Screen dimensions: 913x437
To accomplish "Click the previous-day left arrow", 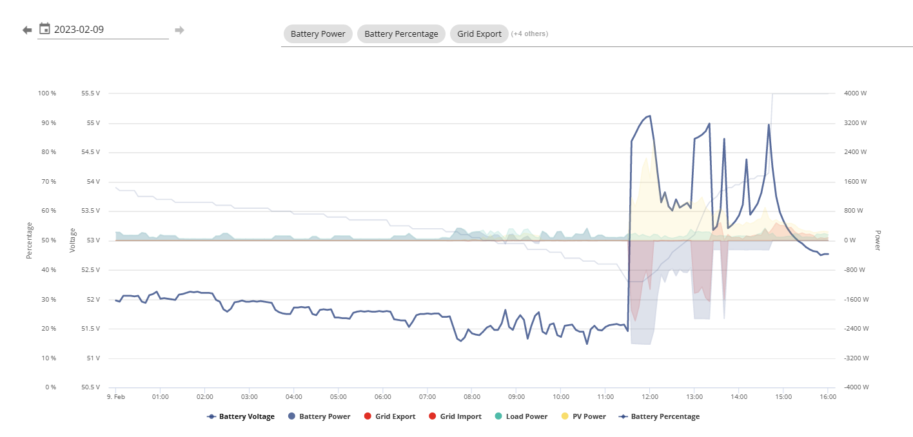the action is click(27, 30).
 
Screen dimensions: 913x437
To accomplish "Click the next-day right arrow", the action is click(179, 30).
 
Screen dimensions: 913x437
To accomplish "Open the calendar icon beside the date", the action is click(44, 29).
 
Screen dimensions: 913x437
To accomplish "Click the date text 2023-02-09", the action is click(79, 29).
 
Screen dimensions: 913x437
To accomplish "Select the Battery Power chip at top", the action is click(318, 34).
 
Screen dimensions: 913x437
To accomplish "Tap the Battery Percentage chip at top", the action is click(401, 34).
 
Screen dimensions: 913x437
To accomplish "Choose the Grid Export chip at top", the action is click(479, 34).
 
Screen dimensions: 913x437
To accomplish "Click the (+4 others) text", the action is click(529, 34).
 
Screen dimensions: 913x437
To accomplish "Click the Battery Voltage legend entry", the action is click(241, 416).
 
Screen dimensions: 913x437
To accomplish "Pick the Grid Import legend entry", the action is click(455, 416).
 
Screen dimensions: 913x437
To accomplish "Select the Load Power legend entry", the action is click(521, 416).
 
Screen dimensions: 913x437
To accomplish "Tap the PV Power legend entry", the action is click(584, 416).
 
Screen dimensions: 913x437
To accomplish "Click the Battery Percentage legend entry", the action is click(659, 416).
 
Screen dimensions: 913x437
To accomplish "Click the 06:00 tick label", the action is click(383, 396).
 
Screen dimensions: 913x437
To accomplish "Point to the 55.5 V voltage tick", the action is click(90, 93).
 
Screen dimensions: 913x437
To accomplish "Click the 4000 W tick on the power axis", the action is click(855, 93).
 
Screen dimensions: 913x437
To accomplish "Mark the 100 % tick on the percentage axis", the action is click(47, 93).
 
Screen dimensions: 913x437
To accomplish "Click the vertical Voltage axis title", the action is click(73, 240).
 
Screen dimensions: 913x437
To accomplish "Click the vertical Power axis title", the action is click(878, 240).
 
